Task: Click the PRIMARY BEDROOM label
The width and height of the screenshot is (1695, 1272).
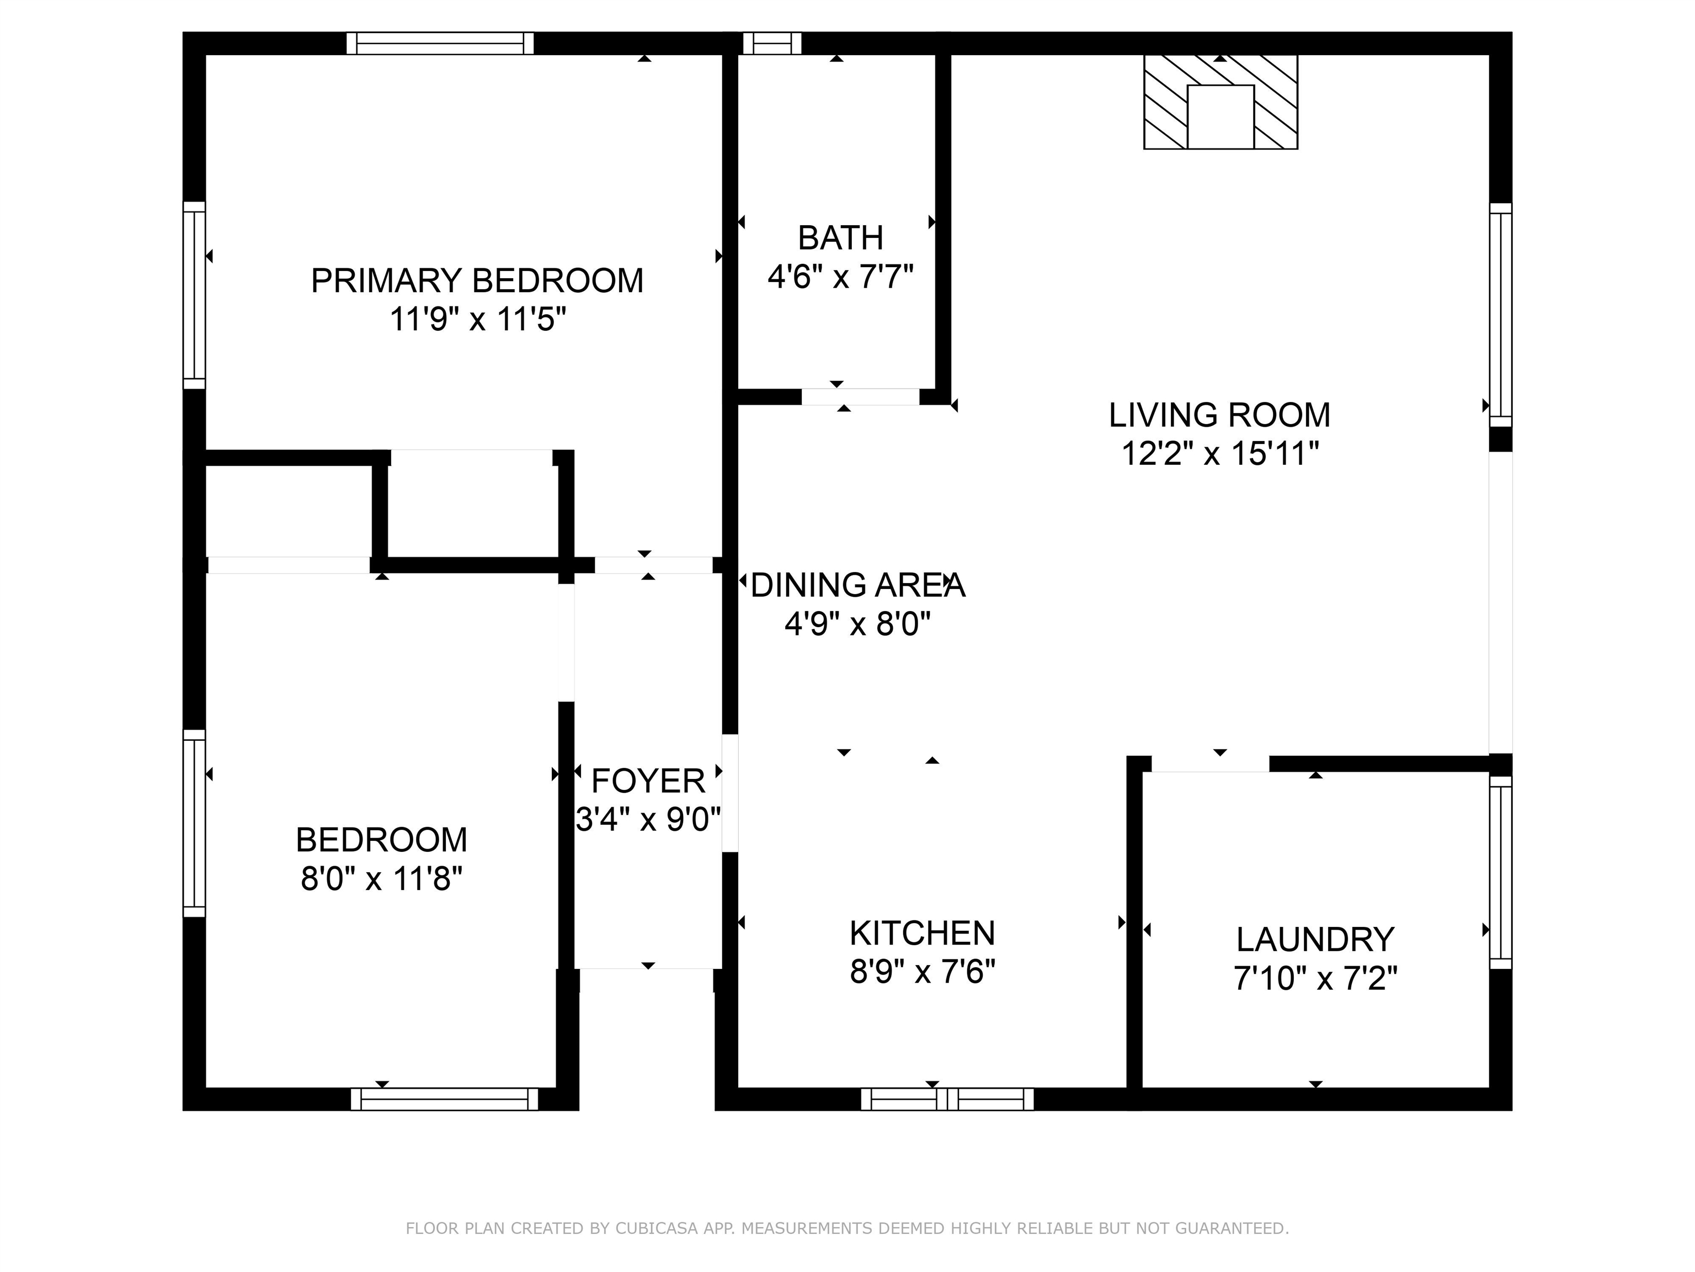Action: [477, 280]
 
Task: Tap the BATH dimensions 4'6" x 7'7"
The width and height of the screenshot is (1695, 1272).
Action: [841, 277]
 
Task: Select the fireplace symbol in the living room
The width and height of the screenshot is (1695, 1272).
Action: [1220, 102]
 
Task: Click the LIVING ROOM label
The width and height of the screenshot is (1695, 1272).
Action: [1219, 415]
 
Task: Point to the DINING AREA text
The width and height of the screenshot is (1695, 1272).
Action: [857, 586]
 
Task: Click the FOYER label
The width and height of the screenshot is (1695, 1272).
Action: [648, 781]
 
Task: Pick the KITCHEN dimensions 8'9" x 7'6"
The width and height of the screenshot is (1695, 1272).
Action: [922, 972]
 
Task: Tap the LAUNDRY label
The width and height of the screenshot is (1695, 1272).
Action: [1315, 939]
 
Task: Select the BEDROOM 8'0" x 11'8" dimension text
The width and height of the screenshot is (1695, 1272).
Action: [381, 879]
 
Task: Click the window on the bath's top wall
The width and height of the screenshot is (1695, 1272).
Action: [772, 44]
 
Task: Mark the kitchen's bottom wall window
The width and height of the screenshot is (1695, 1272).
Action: [947, 1099]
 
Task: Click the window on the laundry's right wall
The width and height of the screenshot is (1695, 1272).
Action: [1500, 872]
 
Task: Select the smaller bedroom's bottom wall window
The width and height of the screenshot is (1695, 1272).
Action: [444, 1099]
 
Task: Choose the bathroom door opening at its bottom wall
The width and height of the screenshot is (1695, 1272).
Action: [860, 396]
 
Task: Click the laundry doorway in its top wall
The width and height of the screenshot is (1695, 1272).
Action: [1211, 764]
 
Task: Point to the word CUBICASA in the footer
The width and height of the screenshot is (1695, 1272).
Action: [656, 1228]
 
